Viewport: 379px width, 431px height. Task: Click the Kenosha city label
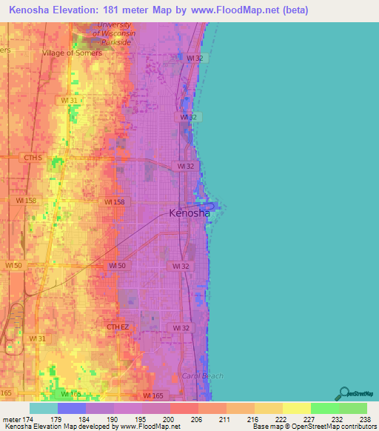[x=189, y=213]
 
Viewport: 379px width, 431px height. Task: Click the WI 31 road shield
[x=70, y=100]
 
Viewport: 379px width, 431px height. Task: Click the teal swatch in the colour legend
[x=44, y=408]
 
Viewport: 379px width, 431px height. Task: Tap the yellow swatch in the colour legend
[x=296, y=408]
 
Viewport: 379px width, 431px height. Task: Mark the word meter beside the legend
[x=12, y=420]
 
